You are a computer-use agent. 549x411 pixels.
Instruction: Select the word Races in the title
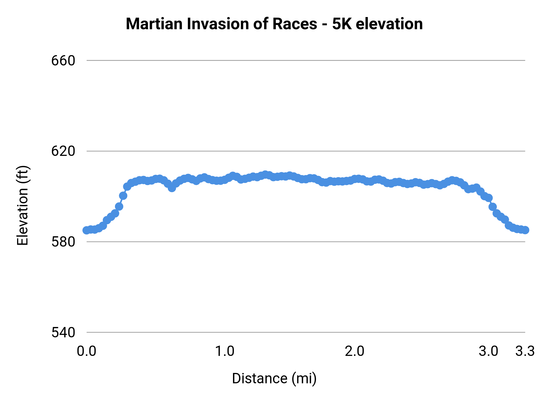[295, 24]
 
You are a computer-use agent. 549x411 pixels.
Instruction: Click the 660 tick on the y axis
[63, 61]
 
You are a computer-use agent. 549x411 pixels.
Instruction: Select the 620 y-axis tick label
[63, 151]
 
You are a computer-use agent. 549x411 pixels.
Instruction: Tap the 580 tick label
[63, 242]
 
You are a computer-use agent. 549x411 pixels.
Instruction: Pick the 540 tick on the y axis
[63, 332]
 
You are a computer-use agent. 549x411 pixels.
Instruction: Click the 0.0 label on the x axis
[87, 351]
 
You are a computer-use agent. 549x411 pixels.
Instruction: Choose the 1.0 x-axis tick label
[225, 351]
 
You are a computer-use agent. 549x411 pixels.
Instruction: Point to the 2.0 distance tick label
[355, 351]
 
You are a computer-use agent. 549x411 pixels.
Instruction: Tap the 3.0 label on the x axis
[488, 351]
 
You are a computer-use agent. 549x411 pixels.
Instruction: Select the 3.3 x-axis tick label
[525, 351]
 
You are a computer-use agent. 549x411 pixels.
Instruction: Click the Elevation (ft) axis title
[23, 205]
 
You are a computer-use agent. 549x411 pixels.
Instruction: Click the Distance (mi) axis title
[274, 378]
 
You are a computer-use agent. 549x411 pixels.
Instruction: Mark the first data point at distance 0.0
[87, 230]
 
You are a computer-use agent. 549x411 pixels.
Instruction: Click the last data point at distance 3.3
[525, 230]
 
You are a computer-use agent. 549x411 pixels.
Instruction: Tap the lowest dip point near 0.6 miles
[172, 188]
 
